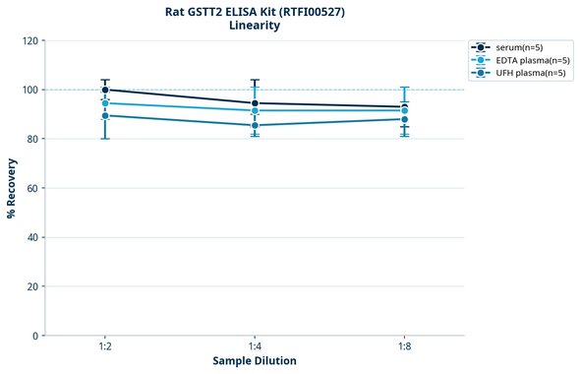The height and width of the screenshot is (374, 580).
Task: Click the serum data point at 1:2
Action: (x=105, y=90)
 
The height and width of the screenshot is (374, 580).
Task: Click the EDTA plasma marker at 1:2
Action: (x=105, y=103)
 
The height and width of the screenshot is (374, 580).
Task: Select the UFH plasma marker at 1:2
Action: (x=105, y=115)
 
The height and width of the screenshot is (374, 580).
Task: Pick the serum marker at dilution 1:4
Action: (x=255, y=103)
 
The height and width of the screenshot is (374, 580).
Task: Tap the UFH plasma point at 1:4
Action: (x=255, y=125)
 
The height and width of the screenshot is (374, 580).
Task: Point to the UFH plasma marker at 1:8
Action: (x=404, y=119)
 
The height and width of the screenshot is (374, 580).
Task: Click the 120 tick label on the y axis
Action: (x=29, y=40)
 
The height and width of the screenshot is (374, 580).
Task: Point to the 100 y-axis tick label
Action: (x=29, y=90)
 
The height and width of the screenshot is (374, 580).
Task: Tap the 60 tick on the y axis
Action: (x=32, y=188)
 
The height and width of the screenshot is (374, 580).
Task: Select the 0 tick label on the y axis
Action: (x=35, y=336)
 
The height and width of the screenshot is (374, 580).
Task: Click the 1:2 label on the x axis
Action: (x=105, y=347)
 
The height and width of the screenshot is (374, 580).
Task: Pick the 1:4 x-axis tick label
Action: (x=255, y=347)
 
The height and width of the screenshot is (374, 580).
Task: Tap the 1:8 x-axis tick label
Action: (x=404, y=347)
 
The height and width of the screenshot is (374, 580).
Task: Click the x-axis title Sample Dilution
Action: (x=255, y=361)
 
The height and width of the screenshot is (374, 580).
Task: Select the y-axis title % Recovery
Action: (x=12, y=188)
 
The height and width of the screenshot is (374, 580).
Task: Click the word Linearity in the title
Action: (x=254, y=26)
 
